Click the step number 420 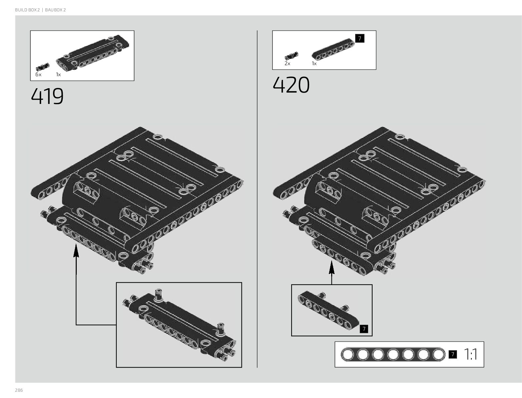pos(291,85)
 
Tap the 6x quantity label pos(38,75)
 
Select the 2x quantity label pos(287,63)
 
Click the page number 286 pos(19,390)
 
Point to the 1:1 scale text pos(470,355)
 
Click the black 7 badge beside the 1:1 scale pos(453,355)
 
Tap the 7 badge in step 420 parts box pos(360,38)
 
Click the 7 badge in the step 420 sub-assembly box pos(364,329)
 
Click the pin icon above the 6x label pos(42,65)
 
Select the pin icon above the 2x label pos(291,55)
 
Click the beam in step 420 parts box pos(333,50)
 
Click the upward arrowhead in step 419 pos(76,249)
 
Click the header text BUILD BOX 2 pos(27,10)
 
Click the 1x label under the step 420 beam pos(314,63)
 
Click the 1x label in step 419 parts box pos(58,75)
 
